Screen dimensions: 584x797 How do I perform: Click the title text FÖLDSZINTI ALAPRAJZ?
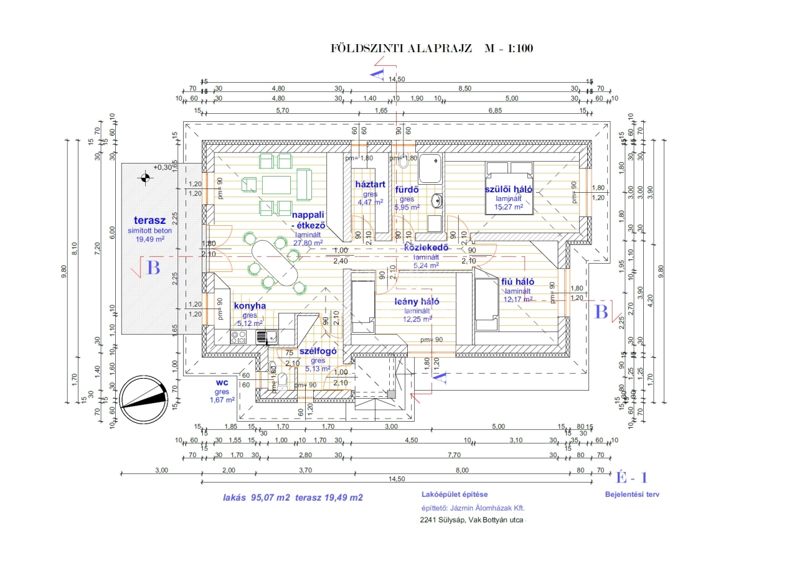(403, 48)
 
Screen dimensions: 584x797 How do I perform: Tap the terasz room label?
(149, 220)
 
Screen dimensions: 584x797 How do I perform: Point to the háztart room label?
(369, 185)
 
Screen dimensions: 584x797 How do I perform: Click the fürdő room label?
(407, 190)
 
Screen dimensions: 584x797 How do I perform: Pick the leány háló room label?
(417, 302)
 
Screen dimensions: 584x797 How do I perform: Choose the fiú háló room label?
(518, 282)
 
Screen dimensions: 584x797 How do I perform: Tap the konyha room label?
(250, 306)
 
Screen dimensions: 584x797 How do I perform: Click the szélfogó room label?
(318, 351)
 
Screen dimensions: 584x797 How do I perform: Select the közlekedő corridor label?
(427, 248)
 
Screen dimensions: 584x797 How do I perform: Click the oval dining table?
(275, 262)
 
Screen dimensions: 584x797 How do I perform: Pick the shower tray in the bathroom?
(429, 168)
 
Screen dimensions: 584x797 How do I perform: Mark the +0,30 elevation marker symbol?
(145, 178)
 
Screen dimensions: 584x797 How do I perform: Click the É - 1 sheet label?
(631, 478)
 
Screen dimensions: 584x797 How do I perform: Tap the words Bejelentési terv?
(632, 495)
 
